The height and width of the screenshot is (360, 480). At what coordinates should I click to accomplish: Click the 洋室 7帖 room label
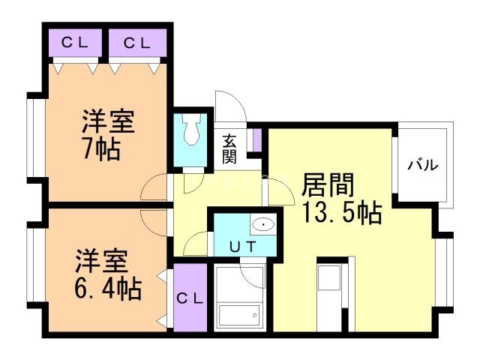[103, 135]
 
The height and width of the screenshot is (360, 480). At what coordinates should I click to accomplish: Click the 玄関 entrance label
[229, 148]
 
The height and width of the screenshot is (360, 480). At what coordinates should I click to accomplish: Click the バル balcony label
[423, 166]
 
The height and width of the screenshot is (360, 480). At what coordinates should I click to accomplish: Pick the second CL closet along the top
[137, 43]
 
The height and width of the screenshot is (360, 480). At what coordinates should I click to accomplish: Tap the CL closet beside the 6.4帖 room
[189, 298]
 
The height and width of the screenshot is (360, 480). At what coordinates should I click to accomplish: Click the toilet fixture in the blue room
[190, 133]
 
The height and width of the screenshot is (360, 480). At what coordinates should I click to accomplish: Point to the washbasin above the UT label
[262, 223]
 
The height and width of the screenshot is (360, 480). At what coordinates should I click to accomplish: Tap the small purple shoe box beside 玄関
[256, 140]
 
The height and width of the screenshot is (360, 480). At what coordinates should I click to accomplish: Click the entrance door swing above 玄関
[228, 109]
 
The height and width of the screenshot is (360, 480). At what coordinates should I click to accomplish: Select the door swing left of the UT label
[196, 243]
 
